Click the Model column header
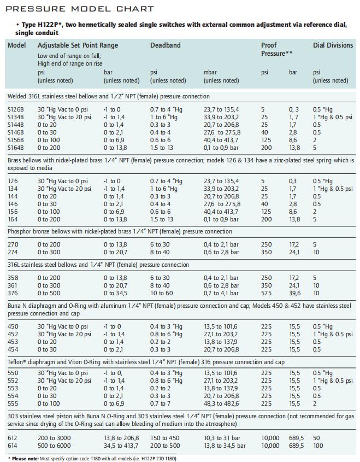pyautogui.click(x=17, y=45)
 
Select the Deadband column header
pyautogui.click(x=166, y=45)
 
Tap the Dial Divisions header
pyautogui.click(x=333, y=45)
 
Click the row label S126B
pyautogui.click(x=16, y=109)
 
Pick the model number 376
pyautogui.click(x=13, y=293)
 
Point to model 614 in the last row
pyautogui.click(x=13, y=446)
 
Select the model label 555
pyautogui.click(x=13, y=403)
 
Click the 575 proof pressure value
pyautogui.click(x=267, y=293)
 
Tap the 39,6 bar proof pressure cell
pyautogui.click(x=294, y=293)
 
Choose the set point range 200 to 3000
pyautogui.click(x=54, y=438)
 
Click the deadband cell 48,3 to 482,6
pyautogui.click(x=221, y=403)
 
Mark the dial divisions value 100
pyautogui.click(x=318, y=446)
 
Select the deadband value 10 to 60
pyautogui.click(x=162, y=293)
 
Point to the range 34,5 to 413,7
pyautogui.click(x=121, y=446)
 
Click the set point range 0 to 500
pyautogui.click(x=49, y=293)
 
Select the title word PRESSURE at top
pyautogui.click(x=36, y=9)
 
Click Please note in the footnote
pyautogui.click(x=25, y=459)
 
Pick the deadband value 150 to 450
pyautogui.click(x=165, y=438)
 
